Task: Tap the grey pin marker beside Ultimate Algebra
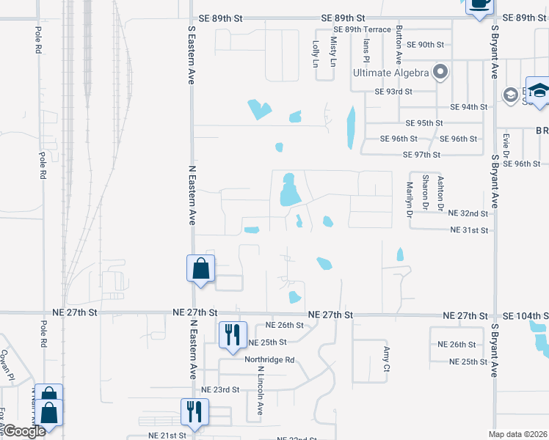(x=440, y=72)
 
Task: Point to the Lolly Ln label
(x=316, y=54)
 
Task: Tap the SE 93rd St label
(x=394, y=92)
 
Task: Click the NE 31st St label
(x=469, y=230)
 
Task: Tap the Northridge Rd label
(x=269, y=360)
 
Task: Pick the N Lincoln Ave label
(x=261, y=396)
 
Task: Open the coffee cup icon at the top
(x=479, y=4)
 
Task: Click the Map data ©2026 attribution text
(x=518, y=435)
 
